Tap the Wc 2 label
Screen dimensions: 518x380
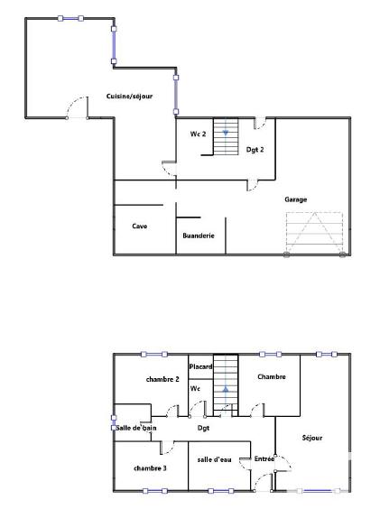point(198,134)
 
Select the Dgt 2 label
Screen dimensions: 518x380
point(255,150)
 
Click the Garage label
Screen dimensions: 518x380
point(296,199)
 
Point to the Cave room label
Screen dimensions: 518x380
point(140,226)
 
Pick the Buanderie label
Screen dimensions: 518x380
point(198,236)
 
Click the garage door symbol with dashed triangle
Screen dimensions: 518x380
point(314,233)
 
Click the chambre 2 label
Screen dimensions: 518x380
point(162,379)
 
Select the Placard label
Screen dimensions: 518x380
point(200,366)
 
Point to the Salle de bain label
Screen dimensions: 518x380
point(136,428)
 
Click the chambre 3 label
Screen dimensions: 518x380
point(150,467)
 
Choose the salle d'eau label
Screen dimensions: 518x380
point(215,459)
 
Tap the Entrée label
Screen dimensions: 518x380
point(264,458)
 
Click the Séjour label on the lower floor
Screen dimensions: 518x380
point(313,438)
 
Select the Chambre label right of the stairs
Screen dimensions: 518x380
point(272,375)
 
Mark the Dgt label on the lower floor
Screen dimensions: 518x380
point(203,428)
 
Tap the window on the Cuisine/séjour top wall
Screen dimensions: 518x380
point(70,18)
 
